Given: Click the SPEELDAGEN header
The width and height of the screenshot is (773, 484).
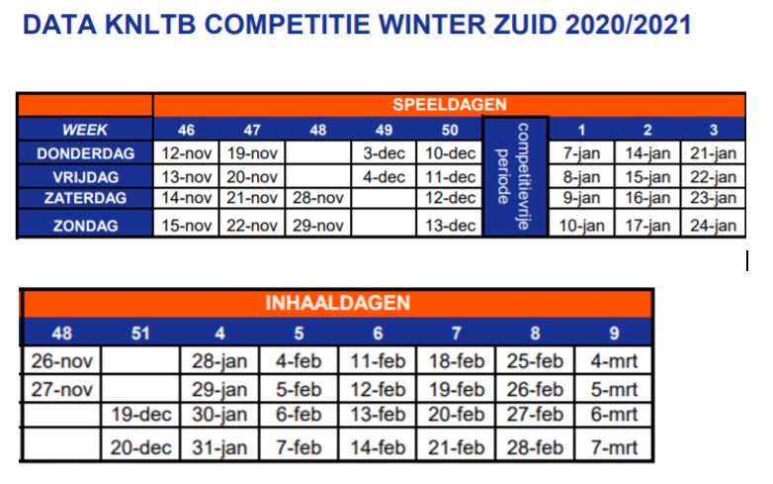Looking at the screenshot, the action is click(450, 105).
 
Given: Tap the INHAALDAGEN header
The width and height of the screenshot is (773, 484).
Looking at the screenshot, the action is click(338, 303).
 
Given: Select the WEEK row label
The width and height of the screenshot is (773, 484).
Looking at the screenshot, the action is click(85, 130).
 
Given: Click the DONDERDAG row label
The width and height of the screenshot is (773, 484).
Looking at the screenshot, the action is click(85, 153).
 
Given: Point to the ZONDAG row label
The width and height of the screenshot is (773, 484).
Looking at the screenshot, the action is click(85, 226).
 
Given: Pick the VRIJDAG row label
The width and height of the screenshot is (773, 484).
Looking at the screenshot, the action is click(85, 177).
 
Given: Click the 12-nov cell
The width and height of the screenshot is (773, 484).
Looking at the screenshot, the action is click(187, 153).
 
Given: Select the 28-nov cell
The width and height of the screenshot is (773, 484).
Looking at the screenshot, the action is click(318, 198).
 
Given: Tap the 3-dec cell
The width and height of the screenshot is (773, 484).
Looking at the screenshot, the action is click(385, 153).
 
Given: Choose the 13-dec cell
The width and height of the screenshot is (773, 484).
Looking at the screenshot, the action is click(450, 226).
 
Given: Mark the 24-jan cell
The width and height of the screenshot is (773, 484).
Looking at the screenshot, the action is click(713, 226).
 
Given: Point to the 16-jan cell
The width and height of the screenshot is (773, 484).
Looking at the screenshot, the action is click(647, 198).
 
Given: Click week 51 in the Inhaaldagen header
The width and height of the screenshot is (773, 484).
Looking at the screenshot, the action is click(140, 333).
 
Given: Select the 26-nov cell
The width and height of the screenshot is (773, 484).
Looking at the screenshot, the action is click(61, 361).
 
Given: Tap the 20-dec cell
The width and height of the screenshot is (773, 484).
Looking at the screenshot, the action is click(140, 447).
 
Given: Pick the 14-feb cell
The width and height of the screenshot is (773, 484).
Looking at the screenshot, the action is click(378, 447).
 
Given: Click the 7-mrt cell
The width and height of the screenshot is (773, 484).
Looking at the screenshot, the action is click(614, 447).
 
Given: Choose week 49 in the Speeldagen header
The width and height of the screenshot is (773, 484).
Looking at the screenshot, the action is click(385, 130).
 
